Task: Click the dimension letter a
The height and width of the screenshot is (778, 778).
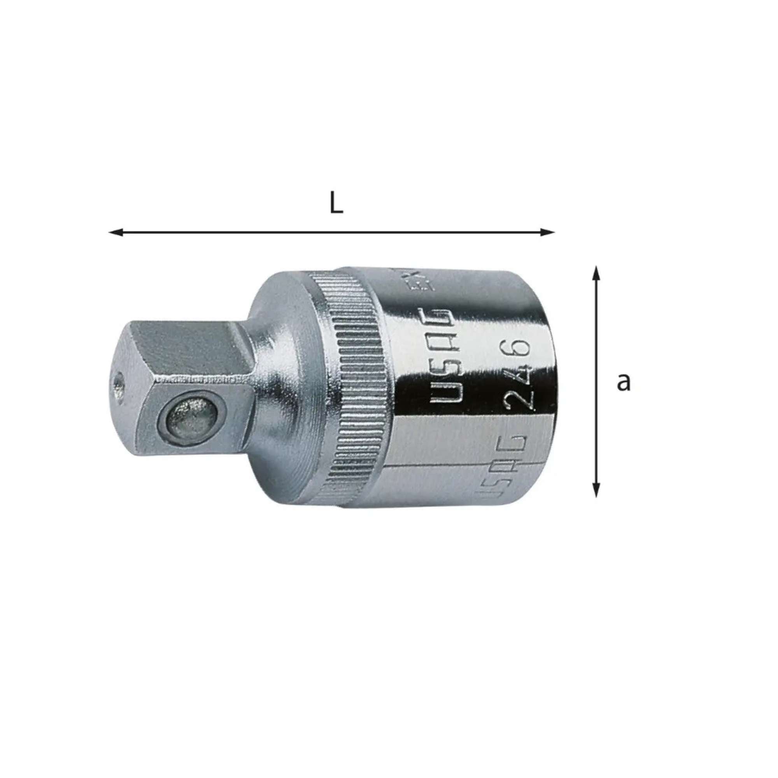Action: coord(624,382)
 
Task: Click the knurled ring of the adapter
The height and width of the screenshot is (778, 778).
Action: coord(354,387)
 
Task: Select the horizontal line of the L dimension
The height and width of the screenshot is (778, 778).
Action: coord(330,232)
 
